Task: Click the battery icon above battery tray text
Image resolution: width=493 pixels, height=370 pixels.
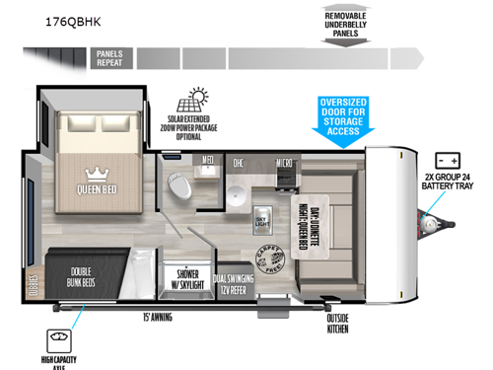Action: pos(448,160)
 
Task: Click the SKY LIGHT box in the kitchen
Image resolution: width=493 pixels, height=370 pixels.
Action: pos(261,217)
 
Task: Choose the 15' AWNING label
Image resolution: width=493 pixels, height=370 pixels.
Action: pos(159,317)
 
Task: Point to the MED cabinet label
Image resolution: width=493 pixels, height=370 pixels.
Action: pos(208,161)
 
